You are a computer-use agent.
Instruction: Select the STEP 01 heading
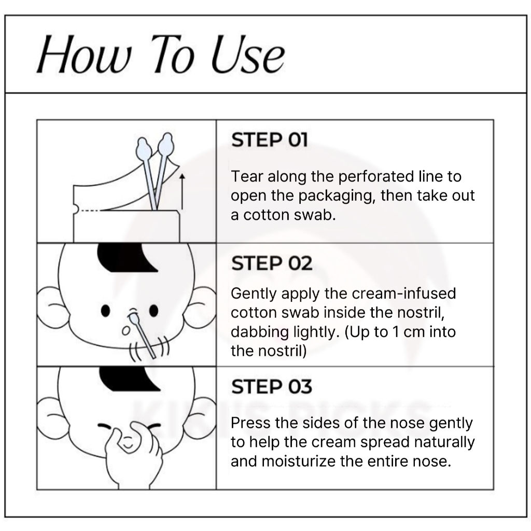pos(270,140)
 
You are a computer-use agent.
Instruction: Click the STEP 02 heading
pos(272,263)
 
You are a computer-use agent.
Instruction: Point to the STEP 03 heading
pos(272,386)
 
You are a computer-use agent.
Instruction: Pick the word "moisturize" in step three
pos(298,461)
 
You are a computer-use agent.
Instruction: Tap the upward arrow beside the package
pos(182,191)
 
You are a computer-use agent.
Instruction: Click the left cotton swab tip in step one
pos(143,149)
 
